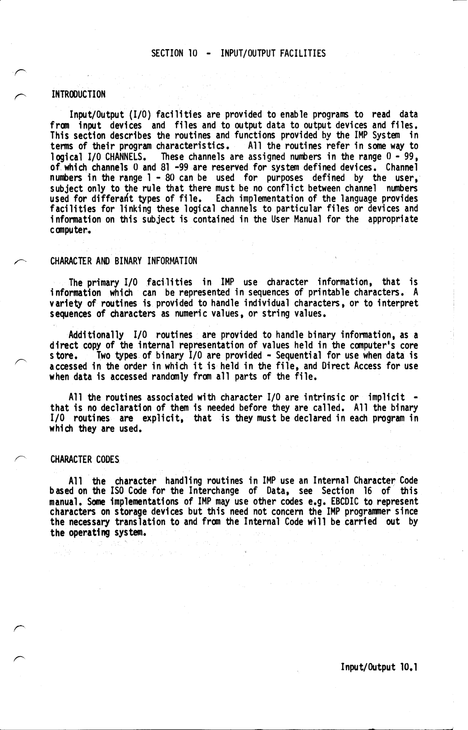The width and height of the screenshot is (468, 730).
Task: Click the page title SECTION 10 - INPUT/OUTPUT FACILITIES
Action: click(238, 54)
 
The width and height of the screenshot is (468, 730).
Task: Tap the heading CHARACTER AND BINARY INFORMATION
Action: click(123, 261)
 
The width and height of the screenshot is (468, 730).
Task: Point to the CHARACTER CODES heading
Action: click(84, 460)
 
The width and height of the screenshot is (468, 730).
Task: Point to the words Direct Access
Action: click(370, 366)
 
